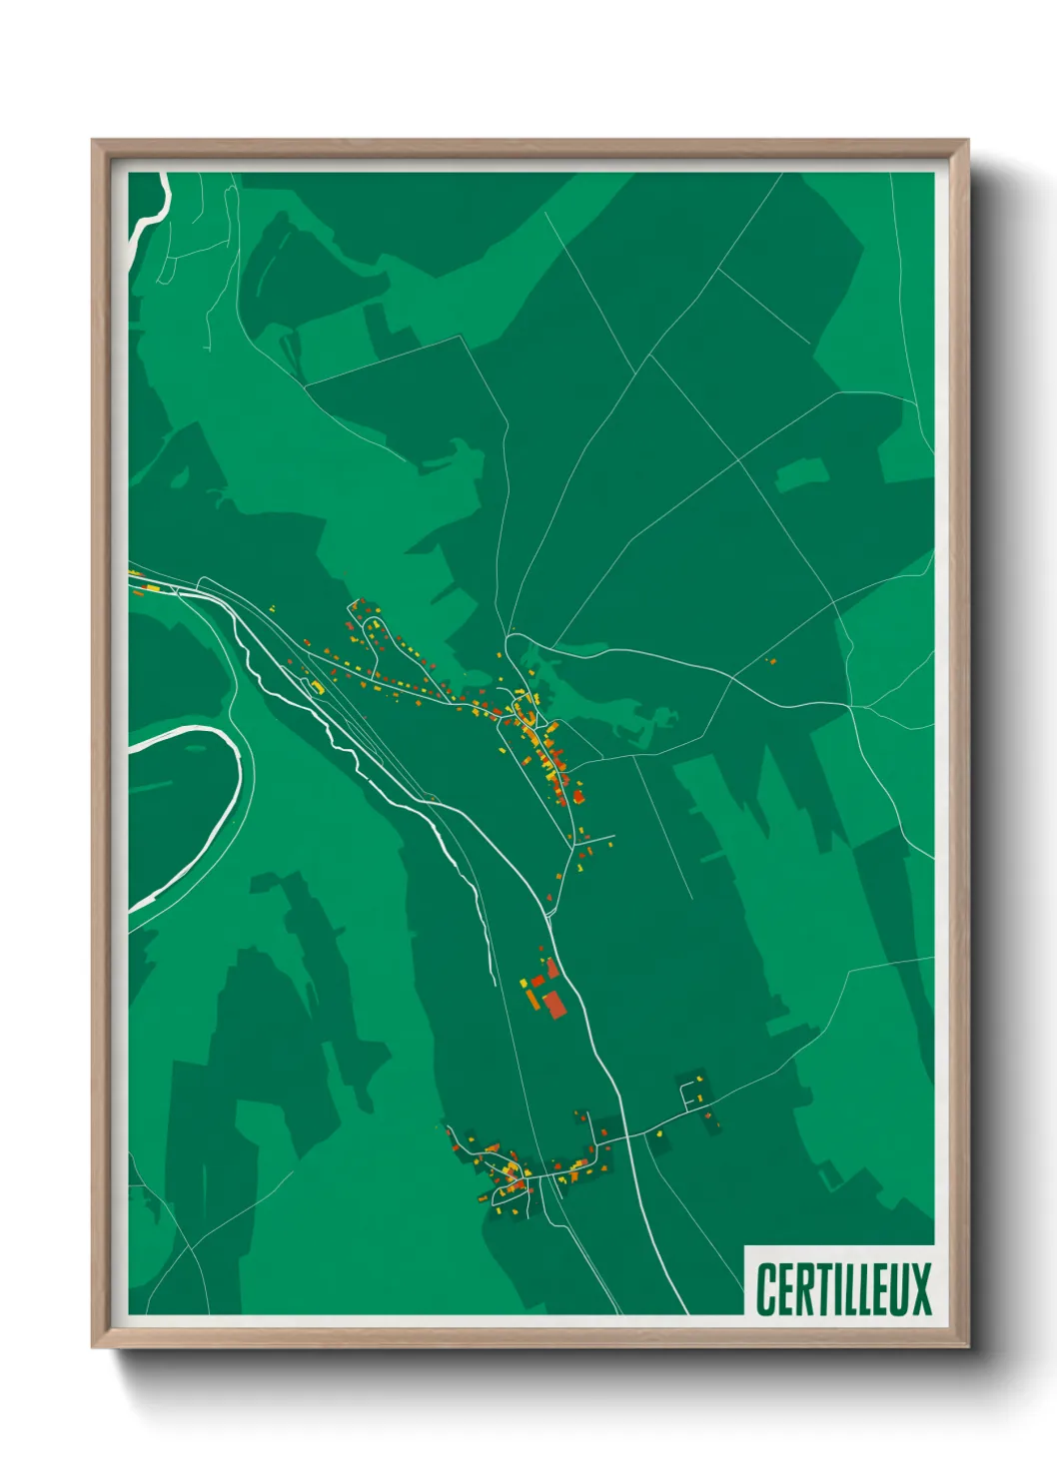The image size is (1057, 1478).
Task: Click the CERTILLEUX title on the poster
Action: [x=843, y=1288]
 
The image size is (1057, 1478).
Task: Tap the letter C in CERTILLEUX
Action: [x=767, y=1288]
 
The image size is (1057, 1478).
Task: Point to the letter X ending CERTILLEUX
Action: [x=920, y=1288]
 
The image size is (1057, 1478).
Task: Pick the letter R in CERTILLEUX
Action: [x=805, y=1288]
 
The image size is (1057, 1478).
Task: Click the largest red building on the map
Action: [x=553, y=1003]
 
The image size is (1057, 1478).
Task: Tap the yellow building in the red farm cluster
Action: [x=524, y=984]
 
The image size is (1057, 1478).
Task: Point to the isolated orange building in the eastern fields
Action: [x=770, y=660]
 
